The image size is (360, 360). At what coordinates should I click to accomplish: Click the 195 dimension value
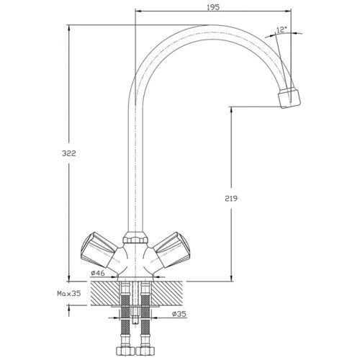coord(213,7)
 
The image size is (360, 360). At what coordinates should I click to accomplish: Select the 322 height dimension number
coord(69,153)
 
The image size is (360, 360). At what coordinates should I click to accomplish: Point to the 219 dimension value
coord(231,199)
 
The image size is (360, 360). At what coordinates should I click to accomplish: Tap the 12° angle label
coord(282,30)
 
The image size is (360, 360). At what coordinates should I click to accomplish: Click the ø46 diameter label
coord(98,273)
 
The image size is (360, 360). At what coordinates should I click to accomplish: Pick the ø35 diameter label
coord(179,314)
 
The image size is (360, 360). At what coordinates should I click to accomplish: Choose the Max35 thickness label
coord(69,293)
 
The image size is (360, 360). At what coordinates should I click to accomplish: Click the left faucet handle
coord(99,250)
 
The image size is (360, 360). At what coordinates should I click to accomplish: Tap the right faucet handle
coord(171,250)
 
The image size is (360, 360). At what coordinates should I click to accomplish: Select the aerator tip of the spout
coord(289,98)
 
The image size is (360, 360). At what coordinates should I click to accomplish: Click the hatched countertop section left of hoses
coord(105,294)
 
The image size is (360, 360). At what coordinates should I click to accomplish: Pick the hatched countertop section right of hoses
coord(167,294)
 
